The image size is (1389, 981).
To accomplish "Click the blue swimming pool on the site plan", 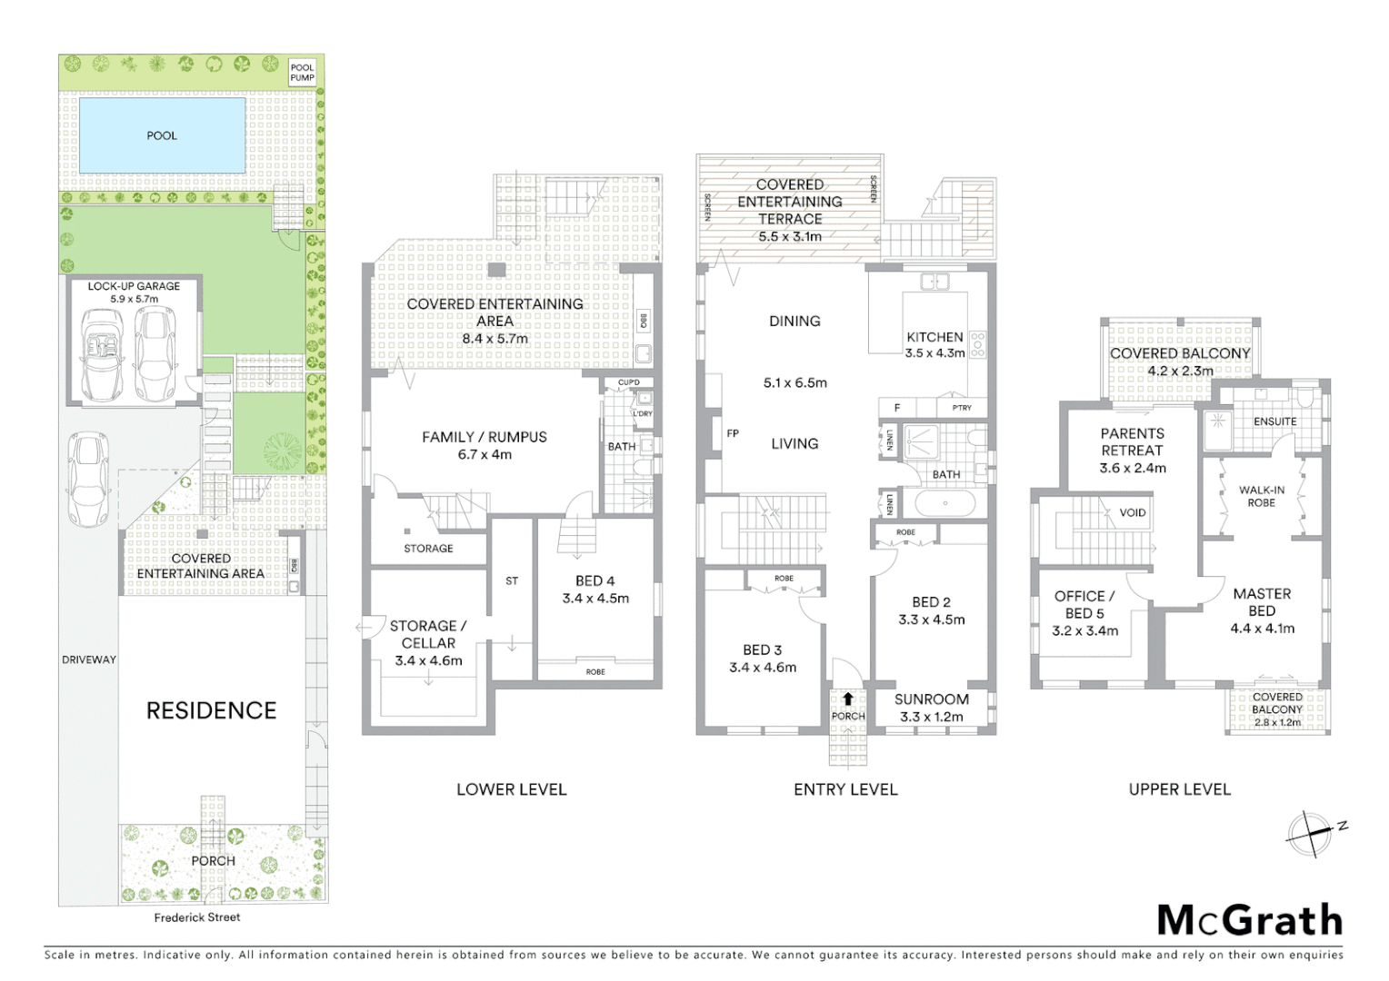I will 162,135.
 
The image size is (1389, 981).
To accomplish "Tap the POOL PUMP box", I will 302,73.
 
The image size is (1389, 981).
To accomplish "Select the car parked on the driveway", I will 88,480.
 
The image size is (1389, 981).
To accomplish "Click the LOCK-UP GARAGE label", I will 134,286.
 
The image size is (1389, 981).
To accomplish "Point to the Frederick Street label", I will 197,917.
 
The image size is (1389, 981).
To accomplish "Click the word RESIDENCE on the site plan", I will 211,710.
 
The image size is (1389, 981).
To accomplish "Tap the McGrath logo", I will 1250,921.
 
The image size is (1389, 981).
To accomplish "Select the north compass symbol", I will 1312,833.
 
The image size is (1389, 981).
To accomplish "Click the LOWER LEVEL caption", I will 511,790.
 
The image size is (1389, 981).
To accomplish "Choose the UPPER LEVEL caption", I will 1179,790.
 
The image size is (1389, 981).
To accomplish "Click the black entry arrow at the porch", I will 848,699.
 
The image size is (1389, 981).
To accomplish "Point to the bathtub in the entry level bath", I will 945,503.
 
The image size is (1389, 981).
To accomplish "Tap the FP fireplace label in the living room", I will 733,434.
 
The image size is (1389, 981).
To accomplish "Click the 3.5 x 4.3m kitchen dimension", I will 934,353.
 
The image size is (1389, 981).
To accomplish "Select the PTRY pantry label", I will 962,408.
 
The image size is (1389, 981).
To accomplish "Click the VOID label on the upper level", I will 1133,513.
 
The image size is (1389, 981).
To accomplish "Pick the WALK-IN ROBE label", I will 1262,496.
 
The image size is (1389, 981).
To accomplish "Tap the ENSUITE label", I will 1274,421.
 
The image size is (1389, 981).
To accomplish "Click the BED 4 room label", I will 595,581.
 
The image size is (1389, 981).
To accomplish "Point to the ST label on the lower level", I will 512,581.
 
